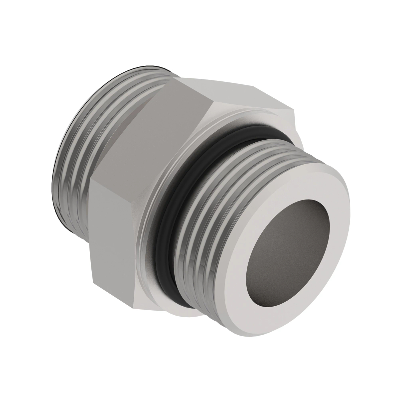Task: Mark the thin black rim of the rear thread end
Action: pyautogui.click(x=55, y=173)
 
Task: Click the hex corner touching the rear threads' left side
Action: pyautogui.click(x=90, y=179)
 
